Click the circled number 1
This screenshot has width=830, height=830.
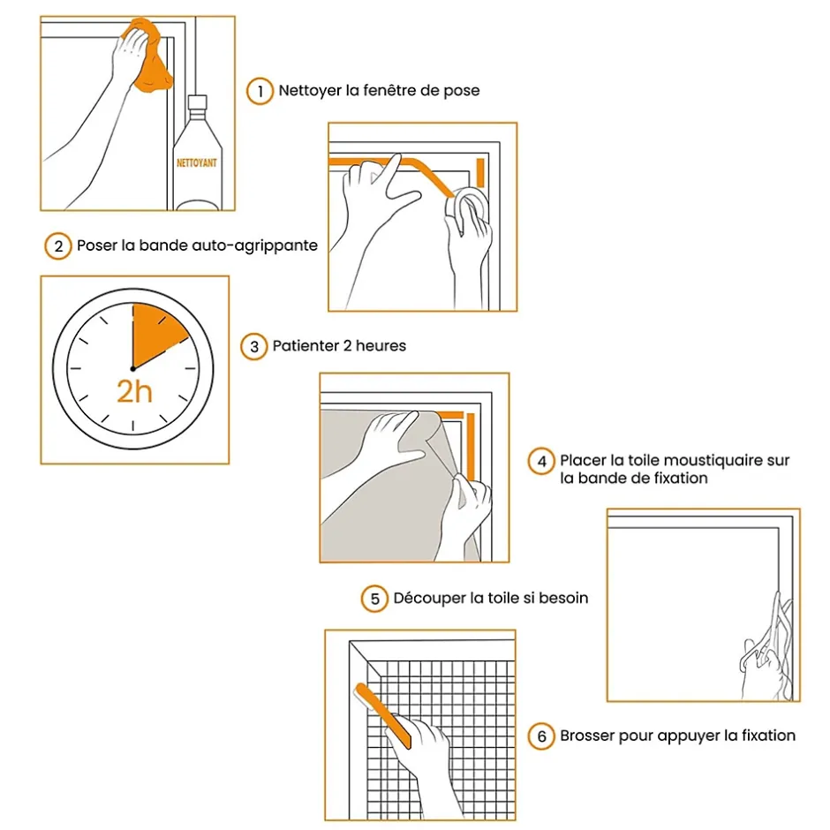coord(260,92)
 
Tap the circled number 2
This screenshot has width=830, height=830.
coord(58,246)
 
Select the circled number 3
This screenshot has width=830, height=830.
coord(254,347)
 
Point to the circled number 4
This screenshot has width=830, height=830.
coord(541,462)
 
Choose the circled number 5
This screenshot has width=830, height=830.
coord(374,599)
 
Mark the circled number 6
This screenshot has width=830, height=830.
coord(541,736)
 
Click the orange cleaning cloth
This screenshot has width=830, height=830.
coord(148,56)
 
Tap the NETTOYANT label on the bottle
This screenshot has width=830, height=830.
coord(197,162)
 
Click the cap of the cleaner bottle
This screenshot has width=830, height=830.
coord(198,102)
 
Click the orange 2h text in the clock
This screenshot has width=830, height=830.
coord(134,392)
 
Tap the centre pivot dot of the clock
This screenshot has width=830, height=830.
coord(132,369)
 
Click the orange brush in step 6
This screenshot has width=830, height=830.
coord(382,714)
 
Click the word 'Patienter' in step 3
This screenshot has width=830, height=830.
coord(306,345)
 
